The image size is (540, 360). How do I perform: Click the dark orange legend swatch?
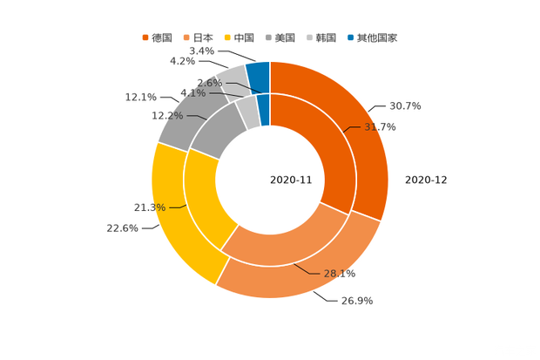pyautogui.click(x=145, y=37)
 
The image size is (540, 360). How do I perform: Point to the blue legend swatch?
pyautogui.click(x=349, y=37)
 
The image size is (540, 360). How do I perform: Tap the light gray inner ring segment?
pyautogui.click(x=246, y=111)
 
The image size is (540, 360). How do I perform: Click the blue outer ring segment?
pyautogui.click(x=258, y=75)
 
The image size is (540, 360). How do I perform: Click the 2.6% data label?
pyautogui.click(x=209, y=83)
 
